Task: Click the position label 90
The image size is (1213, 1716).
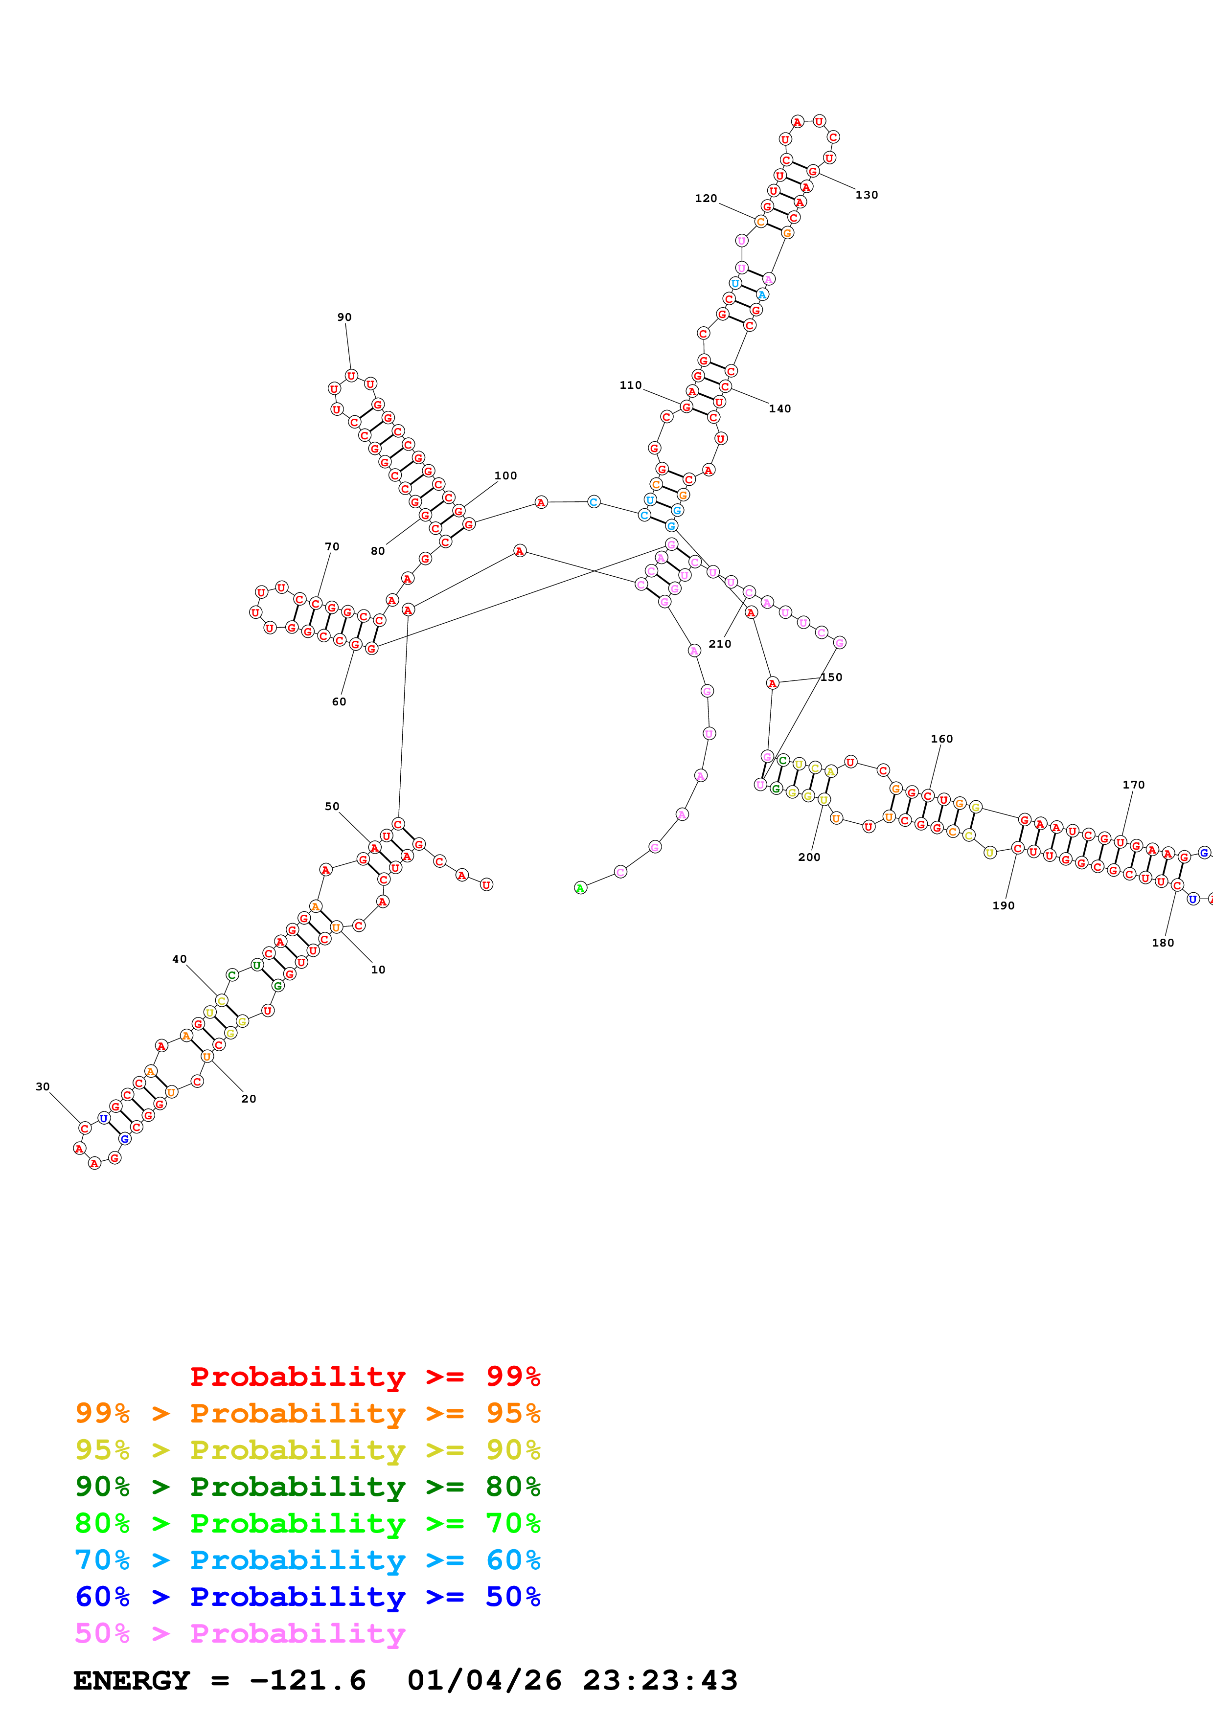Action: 344,317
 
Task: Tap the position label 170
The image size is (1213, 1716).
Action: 1133,785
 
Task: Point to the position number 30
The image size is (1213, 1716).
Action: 43,1087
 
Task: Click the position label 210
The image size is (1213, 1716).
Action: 720,644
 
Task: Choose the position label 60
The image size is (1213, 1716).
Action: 339,702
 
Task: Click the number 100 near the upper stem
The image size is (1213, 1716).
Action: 505,475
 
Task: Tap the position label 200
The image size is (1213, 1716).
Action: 809,857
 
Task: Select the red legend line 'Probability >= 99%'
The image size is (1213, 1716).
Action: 365,1377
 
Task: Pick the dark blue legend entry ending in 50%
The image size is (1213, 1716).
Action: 307,1597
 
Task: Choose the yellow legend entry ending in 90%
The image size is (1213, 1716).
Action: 307,1450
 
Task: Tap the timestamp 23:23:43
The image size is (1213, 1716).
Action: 660,1681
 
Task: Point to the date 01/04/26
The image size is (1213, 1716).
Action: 484,1681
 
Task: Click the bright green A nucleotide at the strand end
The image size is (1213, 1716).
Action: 580,888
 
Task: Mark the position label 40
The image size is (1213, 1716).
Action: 180,959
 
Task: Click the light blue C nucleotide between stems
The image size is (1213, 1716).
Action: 594,501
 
